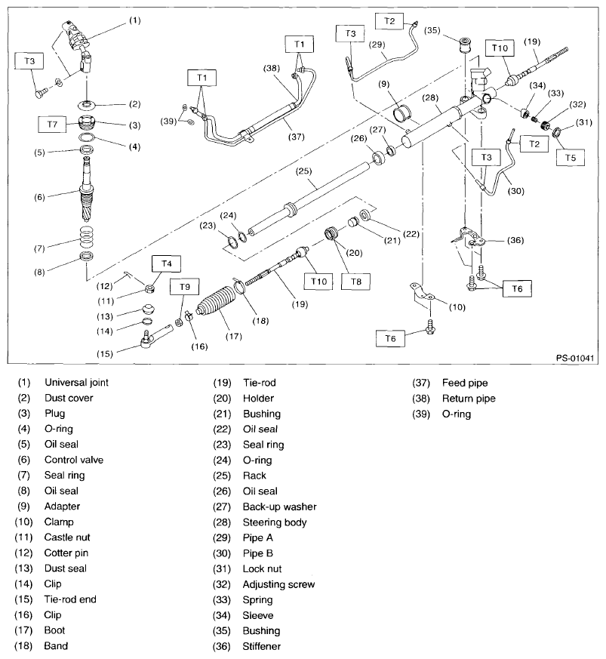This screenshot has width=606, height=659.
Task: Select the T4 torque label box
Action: pyautogui.click(x=165, y=263)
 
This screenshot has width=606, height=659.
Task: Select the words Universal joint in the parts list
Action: pyautogui.click(x=76, y=383)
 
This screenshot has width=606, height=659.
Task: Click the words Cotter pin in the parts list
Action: pyautogui.click(x=67, y=553)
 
